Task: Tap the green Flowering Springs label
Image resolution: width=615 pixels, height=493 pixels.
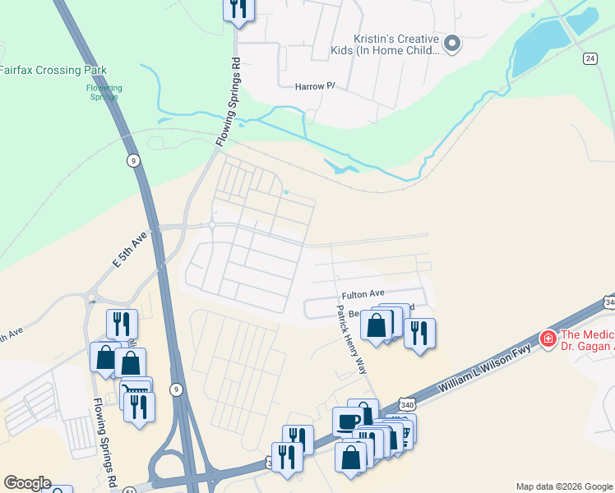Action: click(x=104, y=92)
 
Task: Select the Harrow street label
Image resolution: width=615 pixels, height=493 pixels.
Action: click(x=316, y=85)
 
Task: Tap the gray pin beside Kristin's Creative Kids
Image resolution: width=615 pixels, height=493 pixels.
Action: click(x=451, y=43)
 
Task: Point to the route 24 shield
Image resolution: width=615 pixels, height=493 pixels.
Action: click(x=590, y=58)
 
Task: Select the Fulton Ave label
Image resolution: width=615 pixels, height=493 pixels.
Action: click(x=363, y=293)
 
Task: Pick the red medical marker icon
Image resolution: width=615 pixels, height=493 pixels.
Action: click(x=548, y=338)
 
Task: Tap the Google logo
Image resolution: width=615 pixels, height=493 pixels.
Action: click(x=27, y=483)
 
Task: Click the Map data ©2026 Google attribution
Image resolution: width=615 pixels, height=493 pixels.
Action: click(x=564, y=486)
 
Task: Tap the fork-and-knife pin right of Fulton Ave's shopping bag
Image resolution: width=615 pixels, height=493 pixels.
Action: click(x=419, y=331)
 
